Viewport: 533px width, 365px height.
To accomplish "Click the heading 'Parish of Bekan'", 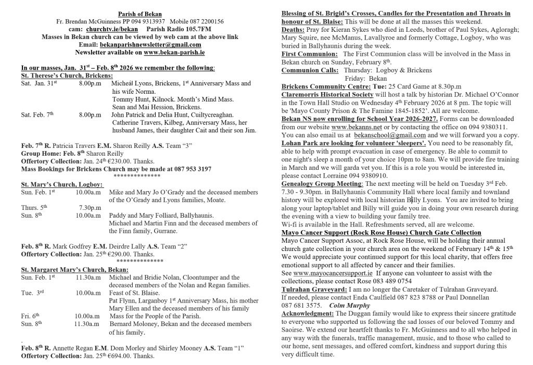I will [x=139, y=14].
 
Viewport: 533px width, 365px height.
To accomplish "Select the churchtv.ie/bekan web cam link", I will [x=108, y=30].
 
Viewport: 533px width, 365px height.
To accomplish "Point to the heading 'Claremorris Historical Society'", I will [x=327, y=95].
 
